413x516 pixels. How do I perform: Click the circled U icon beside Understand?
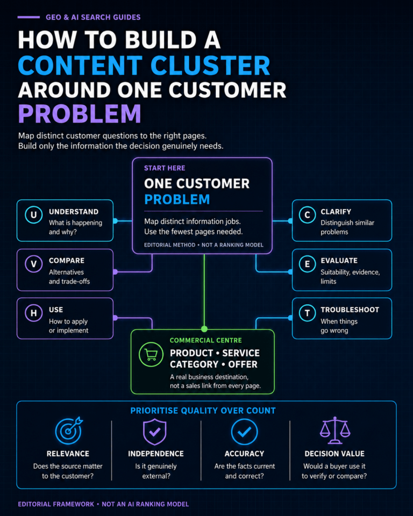33,215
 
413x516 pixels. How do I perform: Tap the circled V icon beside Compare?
33,264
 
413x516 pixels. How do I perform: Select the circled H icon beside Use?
33,313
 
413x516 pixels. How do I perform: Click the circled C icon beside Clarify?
307,215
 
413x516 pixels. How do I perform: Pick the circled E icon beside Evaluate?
307,264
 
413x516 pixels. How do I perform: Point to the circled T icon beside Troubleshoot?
307,313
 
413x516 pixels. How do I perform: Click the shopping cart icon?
151,354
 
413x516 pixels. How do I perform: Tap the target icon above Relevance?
68,431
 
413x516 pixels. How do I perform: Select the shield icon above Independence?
155,432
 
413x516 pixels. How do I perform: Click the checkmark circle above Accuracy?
244,432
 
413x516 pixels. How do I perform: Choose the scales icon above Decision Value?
335,430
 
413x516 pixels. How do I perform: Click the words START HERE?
165,168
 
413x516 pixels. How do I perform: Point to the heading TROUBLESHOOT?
350,310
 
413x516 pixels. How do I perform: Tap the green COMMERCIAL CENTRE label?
206,340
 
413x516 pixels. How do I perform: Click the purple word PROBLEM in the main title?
80,114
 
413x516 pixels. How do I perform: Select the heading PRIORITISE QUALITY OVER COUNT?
203,411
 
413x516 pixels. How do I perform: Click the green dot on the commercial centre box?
204,329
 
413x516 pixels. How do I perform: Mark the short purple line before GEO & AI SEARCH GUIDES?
29,17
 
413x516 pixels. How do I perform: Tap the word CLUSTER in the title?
210,65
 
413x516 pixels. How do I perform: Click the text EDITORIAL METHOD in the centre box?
169,245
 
